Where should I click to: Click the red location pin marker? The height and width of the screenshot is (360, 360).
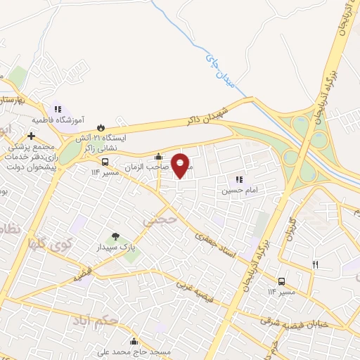point(181,165)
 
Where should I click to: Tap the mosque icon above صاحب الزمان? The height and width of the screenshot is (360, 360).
point(159,157)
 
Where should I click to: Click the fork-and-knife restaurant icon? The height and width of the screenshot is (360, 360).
point(315,264)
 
